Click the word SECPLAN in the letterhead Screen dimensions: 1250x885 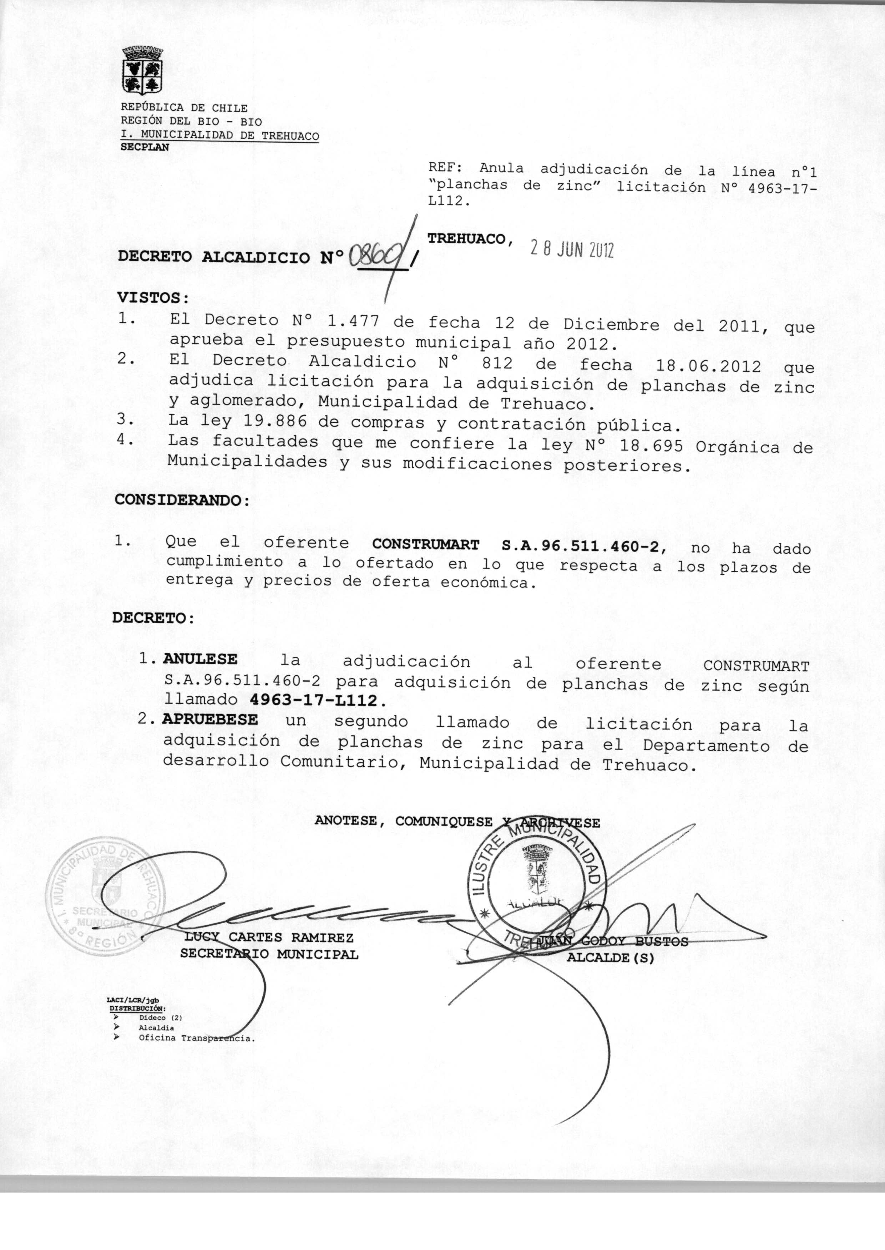click(x=145, y=147)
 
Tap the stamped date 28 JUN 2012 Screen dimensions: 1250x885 click(x=572, y=249)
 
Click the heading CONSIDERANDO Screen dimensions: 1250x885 click(x=182, y=500)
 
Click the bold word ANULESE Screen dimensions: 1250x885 click(x=200, y=659)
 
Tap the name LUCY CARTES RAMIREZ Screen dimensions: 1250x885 click(x=269, y=937)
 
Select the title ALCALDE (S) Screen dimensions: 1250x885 click(x=610, y=957)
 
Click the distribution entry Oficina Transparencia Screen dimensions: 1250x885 click(x=197, y=1038)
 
